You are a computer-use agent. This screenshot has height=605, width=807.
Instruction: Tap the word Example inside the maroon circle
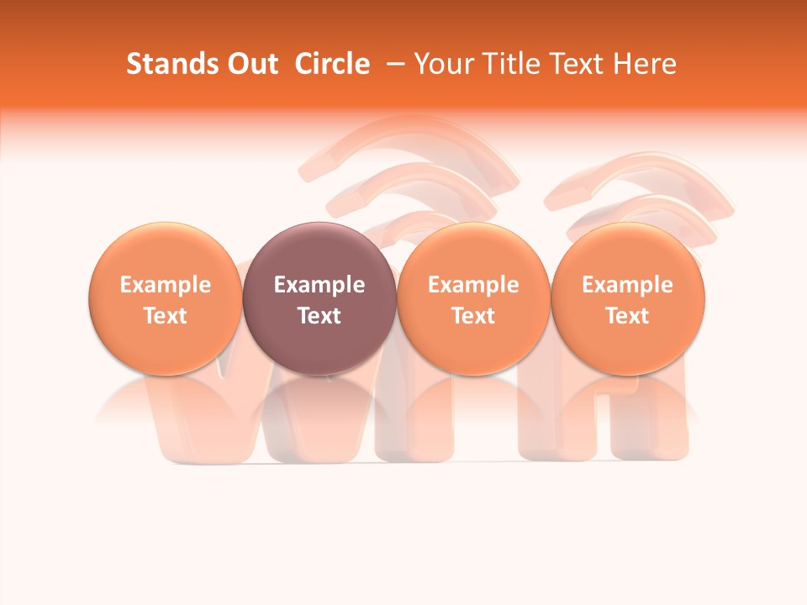[319, 285]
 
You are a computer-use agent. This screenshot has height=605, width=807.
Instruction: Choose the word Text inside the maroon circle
[319, 316]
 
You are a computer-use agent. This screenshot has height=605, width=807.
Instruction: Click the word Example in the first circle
[166, 285]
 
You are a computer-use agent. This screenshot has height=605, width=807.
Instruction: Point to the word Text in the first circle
[166, 316]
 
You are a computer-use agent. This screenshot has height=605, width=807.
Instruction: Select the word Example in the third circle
[473, 285]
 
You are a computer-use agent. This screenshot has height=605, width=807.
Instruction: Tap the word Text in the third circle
[473, 316]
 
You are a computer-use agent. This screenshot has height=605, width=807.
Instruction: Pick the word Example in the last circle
[628, 285]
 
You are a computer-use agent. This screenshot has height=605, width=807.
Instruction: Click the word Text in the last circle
[628, 316]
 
